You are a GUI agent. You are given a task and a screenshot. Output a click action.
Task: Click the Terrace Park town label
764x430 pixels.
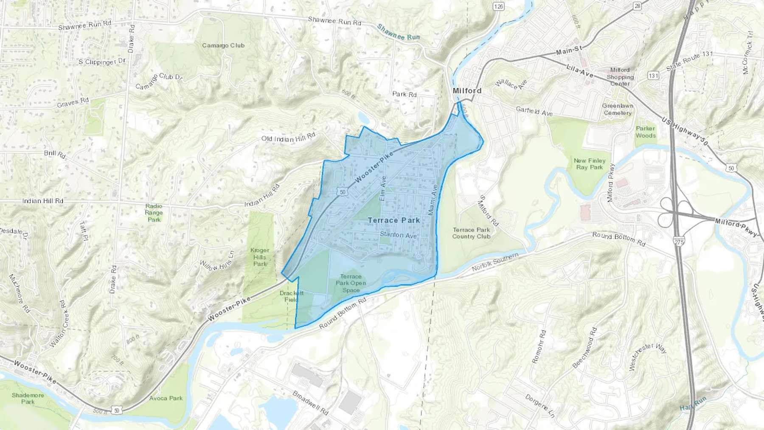393,220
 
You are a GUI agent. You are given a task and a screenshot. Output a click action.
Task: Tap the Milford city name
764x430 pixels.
467,91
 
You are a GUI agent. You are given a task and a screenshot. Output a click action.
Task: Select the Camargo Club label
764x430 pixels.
223,45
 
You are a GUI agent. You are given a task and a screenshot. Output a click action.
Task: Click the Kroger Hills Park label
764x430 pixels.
260,257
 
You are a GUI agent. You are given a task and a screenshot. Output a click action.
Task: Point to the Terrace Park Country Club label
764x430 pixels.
471,233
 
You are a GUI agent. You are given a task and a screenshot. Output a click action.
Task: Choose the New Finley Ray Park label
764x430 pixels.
590,164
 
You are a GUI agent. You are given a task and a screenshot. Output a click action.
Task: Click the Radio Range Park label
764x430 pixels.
154,213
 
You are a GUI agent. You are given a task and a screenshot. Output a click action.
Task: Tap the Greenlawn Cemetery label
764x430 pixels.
618,109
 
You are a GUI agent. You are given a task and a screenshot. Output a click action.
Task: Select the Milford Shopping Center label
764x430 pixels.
620,77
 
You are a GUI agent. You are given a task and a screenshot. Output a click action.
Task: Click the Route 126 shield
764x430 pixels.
498,6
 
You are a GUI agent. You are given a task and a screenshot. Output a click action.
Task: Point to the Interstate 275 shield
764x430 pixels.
678,242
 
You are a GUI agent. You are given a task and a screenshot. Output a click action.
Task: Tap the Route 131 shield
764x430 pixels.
653,76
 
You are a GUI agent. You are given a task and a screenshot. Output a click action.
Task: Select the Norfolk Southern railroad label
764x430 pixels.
495,262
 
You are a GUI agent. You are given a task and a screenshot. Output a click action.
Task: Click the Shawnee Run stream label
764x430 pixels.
398,32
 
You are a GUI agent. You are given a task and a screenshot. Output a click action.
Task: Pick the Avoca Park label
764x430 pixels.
166,398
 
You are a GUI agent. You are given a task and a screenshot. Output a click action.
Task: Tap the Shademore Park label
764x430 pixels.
28,398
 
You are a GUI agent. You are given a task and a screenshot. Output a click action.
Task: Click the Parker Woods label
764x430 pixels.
646,132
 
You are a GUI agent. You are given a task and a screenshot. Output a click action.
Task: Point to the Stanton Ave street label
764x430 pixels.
398,235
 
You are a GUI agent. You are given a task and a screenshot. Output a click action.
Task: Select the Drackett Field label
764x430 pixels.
291,296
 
